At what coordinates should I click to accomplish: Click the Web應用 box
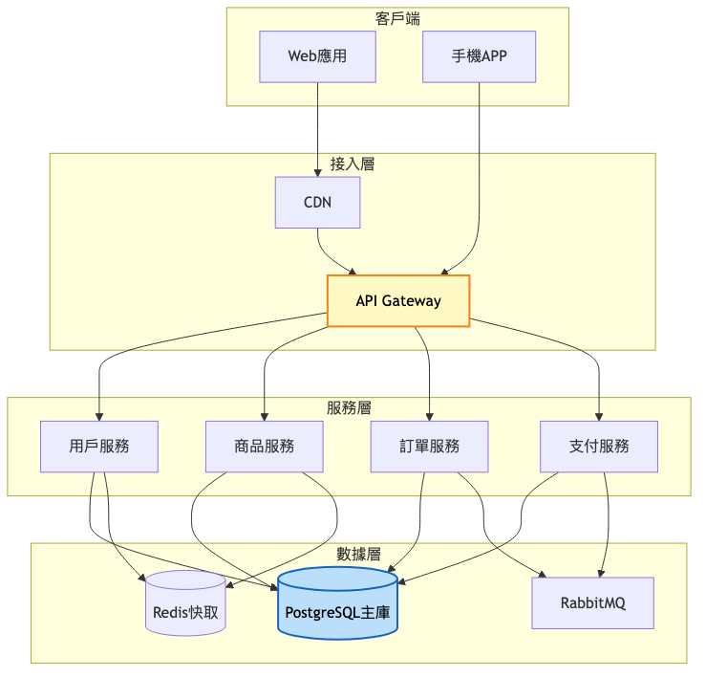point(317,56)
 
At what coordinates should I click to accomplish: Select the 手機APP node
point(479,56)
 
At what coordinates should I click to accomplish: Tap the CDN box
point(317,202)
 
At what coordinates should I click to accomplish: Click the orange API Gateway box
point(398,301)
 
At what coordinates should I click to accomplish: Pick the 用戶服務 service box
point(99,447)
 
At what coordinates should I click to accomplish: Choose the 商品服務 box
point(264,447)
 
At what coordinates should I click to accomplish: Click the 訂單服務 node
point(429,447)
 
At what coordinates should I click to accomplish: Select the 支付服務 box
point(599,447)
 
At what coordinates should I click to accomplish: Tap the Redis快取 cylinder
point(185,604)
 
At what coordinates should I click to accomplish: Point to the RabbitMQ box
point(593,603)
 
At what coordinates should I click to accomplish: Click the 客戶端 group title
point(397,18)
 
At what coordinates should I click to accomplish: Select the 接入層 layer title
point(353,164)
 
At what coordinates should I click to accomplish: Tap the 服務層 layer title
point(349,407)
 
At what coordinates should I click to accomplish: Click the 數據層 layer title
point(358,554)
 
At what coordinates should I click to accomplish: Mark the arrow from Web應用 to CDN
point(317,128)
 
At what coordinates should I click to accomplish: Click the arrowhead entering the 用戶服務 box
point(99,416)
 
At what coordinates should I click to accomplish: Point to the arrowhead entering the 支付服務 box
point(599,416)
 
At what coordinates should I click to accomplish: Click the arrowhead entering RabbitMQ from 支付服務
point(601,572)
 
